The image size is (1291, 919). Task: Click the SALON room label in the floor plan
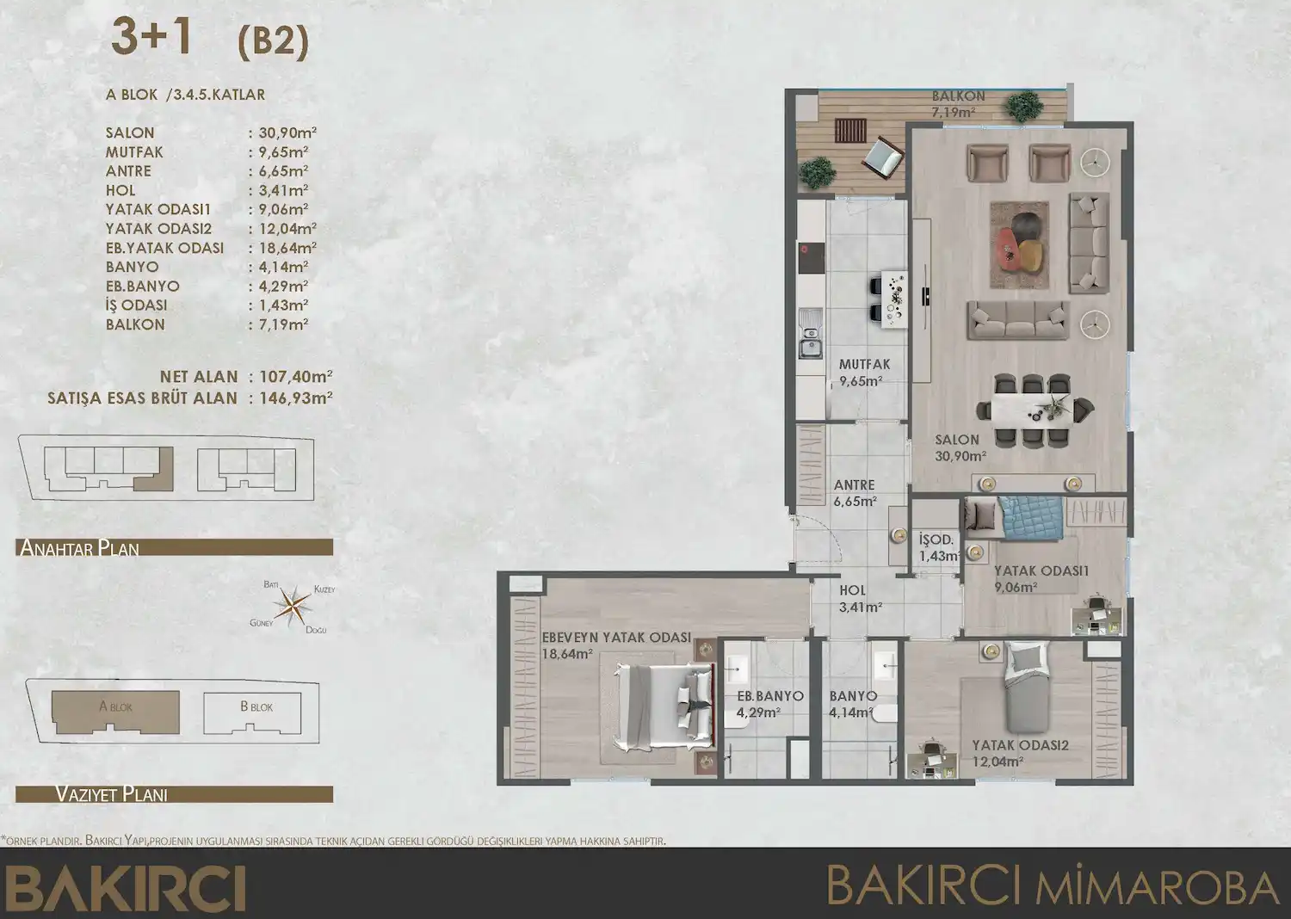tap(957, 440)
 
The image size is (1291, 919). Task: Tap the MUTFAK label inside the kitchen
tap(864, 365)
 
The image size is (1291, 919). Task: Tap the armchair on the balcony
tap(882, 157)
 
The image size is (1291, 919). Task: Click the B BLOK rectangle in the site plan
tap(256, 712)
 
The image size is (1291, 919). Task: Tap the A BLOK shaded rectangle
tap(115, 711)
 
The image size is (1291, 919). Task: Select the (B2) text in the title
tap(273, 40)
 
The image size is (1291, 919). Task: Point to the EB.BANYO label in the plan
tap(769, 696)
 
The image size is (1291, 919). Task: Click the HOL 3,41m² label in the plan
tap(858, 599)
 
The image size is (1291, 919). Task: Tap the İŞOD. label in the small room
tap(936, 540)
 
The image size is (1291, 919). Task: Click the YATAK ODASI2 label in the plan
tap(1020, 745)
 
